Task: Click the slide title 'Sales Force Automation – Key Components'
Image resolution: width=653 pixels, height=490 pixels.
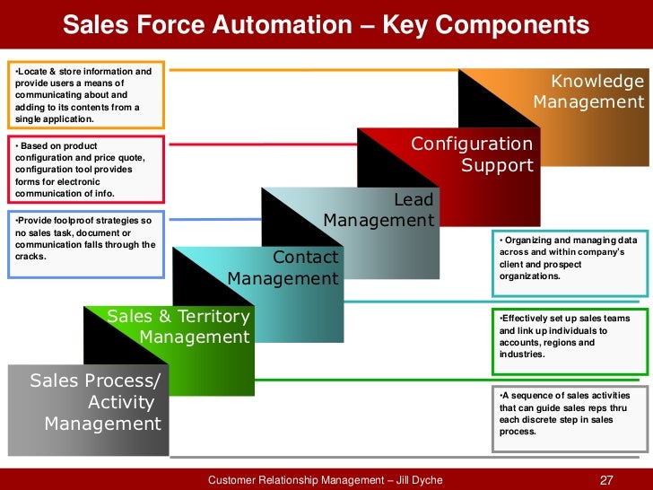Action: pyautogui.click(x=326, y=25)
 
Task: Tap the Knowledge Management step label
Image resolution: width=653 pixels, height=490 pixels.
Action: pyautogui.click(x=588, y=92)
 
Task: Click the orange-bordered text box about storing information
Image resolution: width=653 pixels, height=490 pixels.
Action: pyautogui.click(x=84, y=94)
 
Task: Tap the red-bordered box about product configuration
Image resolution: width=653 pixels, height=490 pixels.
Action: pyautogui.click(x=84, y=169)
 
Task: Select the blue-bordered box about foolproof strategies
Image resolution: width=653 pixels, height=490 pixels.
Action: pyautogui.click(x=84, y=238)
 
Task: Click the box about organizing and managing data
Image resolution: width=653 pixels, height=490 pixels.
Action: pyautogui.click(x=569, y=258)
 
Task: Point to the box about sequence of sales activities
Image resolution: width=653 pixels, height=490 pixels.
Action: pyautogui.click(x=569, y=414)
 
